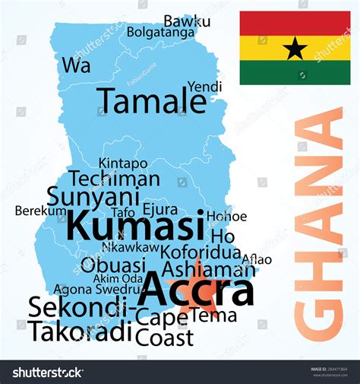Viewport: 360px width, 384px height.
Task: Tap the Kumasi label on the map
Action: [134, 225]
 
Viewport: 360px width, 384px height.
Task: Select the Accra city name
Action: [198, 289]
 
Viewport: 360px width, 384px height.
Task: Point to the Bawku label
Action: [187, 21]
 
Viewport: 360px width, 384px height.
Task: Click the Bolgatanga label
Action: [161, 33]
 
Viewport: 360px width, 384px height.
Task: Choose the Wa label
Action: [76, 65]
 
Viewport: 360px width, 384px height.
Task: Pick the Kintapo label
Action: [123, 163]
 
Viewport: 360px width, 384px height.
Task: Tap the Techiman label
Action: [115, 179]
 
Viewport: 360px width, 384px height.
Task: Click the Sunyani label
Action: [86, 196]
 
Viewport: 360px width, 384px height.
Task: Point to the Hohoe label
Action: [226, 217]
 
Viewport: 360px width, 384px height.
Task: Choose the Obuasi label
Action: [112, 265]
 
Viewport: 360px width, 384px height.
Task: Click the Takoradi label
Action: [80, 332]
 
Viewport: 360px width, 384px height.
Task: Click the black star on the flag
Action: [295, 49]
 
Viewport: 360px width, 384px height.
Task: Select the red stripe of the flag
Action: [295, 23]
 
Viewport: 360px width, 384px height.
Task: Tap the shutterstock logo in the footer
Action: [47, 373]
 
